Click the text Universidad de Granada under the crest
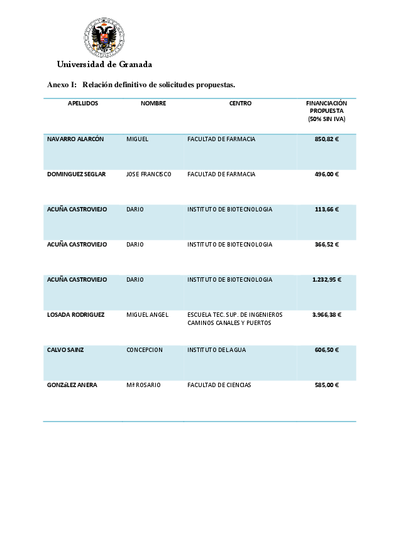[104, 65]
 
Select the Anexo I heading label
[62, 85]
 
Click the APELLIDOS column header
[83, 104]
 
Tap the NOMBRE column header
[153, 104]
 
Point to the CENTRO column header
[240, 104]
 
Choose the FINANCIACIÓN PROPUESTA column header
[326, 111]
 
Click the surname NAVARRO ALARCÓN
[75, 139]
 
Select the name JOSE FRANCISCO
[148, 174]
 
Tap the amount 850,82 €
[326, 139]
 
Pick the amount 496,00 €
[326, 174]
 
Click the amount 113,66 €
[326, 209]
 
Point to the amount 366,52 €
[326, 244]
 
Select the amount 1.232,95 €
[326, 279]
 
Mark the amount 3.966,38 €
[326, 314]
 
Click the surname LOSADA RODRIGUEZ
[75, 314]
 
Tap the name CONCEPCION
[145, 349]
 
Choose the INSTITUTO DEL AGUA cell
[216, 349]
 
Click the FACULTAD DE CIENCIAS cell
[219, 385]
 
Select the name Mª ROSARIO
[143, 385]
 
